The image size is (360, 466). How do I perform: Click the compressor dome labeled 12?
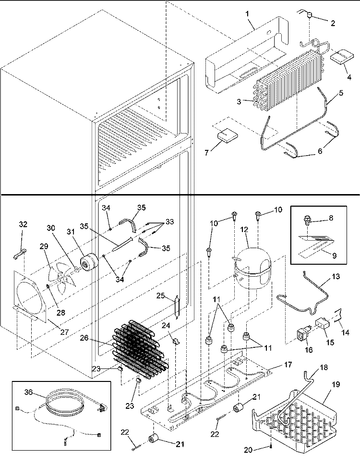252,268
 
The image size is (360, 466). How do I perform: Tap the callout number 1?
247,13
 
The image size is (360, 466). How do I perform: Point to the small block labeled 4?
342,57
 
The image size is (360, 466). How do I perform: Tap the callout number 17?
288,364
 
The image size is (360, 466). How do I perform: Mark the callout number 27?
64,331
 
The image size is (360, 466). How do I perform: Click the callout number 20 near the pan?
248,450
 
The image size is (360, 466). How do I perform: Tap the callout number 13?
336,276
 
